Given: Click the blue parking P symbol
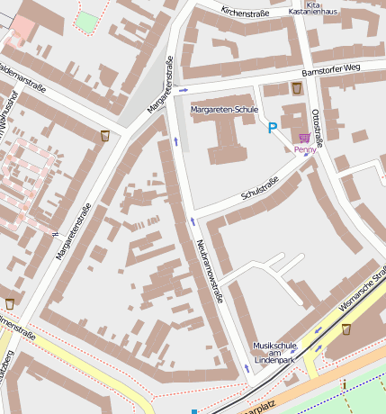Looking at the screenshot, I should (x=272, y=129).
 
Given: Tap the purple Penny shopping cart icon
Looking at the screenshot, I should (x=304, y=138).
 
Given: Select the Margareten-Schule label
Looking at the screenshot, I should (x=225, y=109).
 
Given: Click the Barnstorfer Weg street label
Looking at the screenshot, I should (x=330, y=68).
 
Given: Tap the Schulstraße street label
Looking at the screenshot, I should (x=260, y=189).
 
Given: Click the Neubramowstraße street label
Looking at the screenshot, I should (x=210, y=271).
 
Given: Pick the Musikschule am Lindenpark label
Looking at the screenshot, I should (x=274, y=352).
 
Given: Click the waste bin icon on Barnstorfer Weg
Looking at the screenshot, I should (x=297, y=88).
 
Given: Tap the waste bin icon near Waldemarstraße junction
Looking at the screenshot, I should (x=105, y=136).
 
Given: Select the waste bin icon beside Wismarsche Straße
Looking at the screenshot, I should (x=346, y=328).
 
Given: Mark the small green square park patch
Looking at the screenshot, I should (x=86, y=22).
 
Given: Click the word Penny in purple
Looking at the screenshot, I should (x=306, y=149).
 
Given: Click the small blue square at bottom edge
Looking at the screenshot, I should (x=193, y=411).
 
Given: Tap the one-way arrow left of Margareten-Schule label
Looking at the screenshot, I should (x=184, y=90).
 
